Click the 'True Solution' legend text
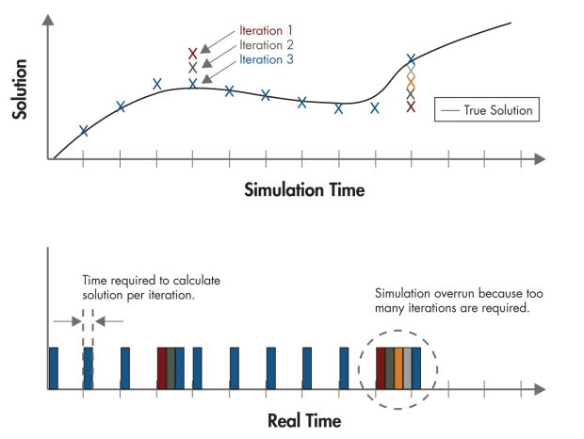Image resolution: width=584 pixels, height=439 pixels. tap(497, 111)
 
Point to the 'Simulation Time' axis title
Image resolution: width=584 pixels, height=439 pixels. tap(304, 189)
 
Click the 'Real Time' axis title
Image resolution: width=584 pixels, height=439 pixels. tap(304, 419)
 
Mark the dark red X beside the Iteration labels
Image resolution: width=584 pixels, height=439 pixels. tap(193, 54)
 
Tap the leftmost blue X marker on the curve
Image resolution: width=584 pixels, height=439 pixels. tap(84, 131)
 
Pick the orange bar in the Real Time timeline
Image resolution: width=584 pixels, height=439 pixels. tap(398, 367)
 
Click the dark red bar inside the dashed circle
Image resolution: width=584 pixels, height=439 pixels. tap(381, 367)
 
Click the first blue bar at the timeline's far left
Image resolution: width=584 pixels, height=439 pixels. tap(53, 367)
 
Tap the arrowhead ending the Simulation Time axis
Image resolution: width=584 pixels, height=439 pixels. tap(540, 160)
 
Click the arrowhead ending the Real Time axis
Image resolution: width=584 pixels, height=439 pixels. tap(540, 388)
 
